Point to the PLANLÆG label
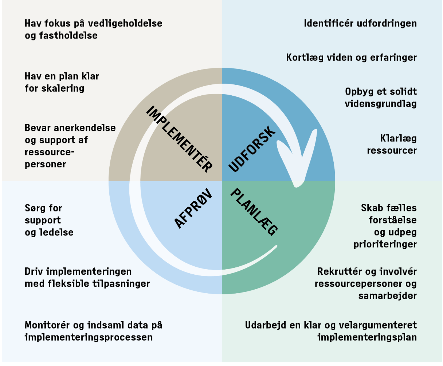(254, 211)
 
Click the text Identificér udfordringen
(360, 24)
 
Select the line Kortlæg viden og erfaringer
(351, 57)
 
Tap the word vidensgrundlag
(380, 104)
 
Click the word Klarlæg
(398, 139)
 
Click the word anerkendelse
(85, 128)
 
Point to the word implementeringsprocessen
(89, 337)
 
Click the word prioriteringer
(385, 244)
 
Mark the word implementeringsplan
(367, 337)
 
